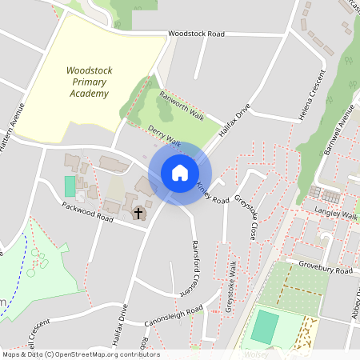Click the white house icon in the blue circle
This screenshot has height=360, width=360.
coord(179,173)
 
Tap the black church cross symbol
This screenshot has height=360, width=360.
coord(138,213)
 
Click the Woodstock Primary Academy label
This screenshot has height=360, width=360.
coord(89,82)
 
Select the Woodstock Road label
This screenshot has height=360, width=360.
coord(197,34)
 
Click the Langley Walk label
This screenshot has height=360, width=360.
coord(338,215)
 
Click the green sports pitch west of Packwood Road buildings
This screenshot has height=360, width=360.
coord(70,186)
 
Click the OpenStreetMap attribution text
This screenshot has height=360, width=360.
coord(80,354)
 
